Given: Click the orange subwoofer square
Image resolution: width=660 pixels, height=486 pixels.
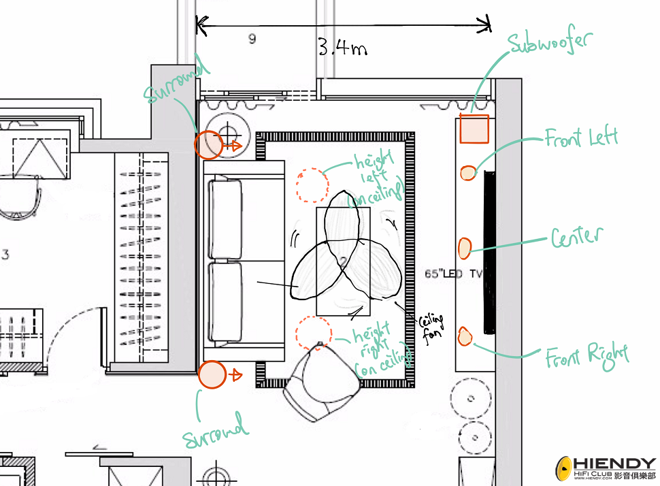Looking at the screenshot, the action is [x=474, y=129].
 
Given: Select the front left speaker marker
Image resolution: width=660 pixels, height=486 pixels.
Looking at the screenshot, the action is [x=467, y=173].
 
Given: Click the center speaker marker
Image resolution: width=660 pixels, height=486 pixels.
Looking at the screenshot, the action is [x=464, y=248].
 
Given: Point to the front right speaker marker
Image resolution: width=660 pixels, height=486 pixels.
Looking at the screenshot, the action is [x=464, y=336].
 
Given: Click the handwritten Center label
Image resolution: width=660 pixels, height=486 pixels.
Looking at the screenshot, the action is [x=577, y=237].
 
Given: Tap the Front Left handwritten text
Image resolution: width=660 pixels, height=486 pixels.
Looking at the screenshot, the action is [x=581, y=137].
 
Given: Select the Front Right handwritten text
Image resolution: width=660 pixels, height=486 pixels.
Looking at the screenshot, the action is [x=587, y=357].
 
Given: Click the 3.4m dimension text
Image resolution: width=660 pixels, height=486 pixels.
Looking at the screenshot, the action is [x=342, y=47].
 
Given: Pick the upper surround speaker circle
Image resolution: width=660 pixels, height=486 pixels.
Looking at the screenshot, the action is [x=208, y=144].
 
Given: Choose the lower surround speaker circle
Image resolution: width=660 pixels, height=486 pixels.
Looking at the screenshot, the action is [x=212, y=374].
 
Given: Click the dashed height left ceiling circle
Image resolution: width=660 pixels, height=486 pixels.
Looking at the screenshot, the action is [x=312, y=185].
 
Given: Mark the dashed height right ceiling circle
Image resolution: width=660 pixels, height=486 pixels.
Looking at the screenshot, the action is [x=314, y=333].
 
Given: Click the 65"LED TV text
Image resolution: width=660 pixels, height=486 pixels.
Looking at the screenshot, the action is [x=454, y=274].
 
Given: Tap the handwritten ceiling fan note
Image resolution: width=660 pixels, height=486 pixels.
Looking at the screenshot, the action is [x=431, y=327].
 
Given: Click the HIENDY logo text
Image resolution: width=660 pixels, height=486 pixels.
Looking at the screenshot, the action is [x=614, y=464].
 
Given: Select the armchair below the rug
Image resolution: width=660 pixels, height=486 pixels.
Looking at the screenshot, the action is [x=322, y=380].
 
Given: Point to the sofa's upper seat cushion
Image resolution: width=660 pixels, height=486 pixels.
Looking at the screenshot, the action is [x=226, y=218].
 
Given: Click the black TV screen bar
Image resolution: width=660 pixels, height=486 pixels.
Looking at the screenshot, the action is [x=489, y=253].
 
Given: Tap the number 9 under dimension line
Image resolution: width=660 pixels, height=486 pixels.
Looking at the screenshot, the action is [x=252, y=39].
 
